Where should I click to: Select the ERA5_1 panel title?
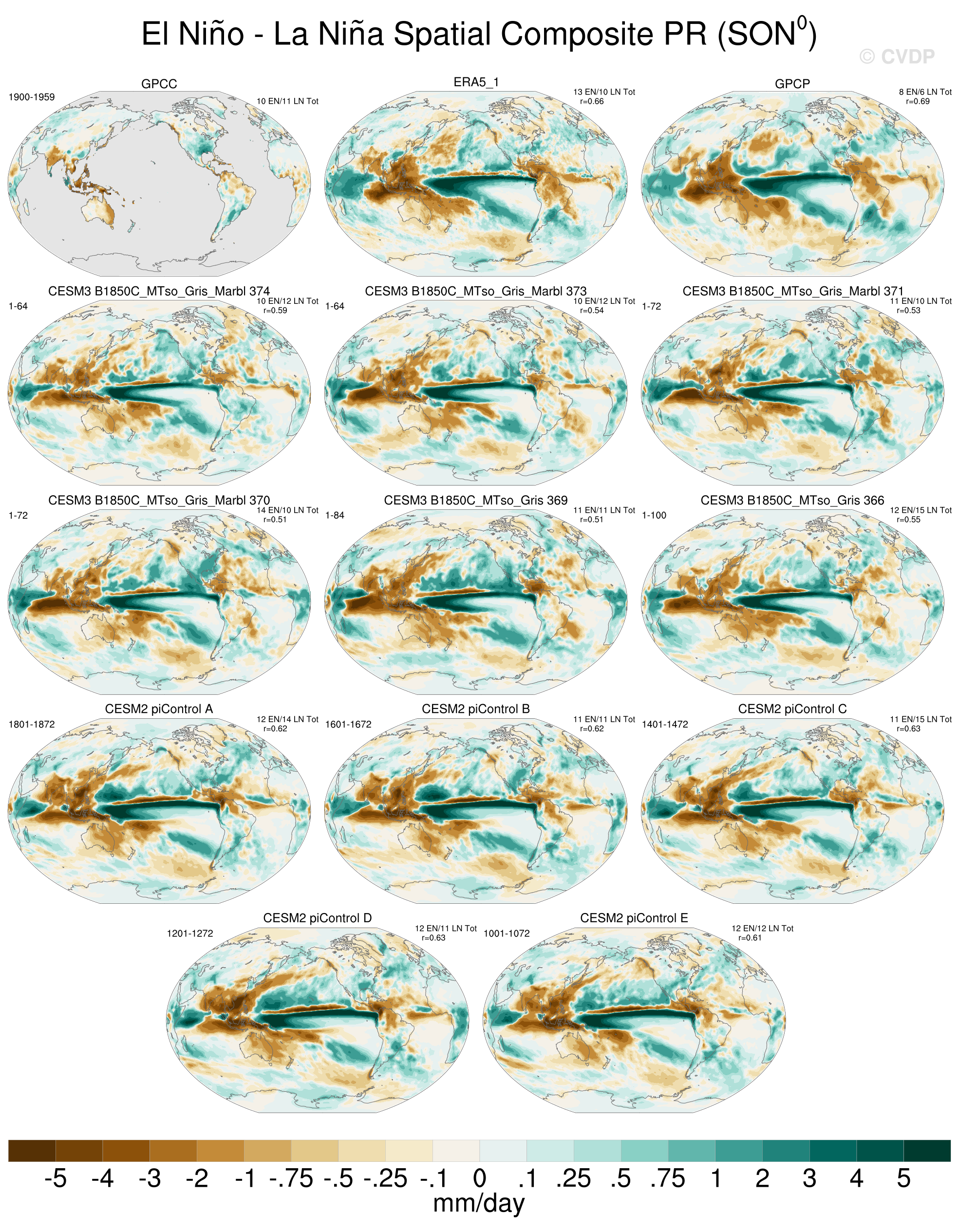(x=476, y=82)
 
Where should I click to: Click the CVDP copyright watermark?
(x=897, y=56)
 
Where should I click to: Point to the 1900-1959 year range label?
(x=32, y=97)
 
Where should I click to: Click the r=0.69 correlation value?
(x=918, y=102)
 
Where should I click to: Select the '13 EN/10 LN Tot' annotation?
(x=604, y=92)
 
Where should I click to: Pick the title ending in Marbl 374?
(x=159, y=292)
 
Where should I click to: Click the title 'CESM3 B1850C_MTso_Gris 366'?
(x=792, y=501)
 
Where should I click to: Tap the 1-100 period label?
(x=655, y=516)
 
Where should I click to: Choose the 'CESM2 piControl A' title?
(x=159, y=709)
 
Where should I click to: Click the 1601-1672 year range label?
(x=348, y=724)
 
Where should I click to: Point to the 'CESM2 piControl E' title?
(x=634, y=918)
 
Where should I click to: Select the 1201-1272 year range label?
(x=190, y=933)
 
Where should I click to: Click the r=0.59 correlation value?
(x=275, y=311)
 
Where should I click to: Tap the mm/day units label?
(x=479, y=1203)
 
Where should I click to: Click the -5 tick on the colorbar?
(x=56, y=1178)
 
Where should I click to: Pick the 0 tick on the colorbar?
(x=479, y=1178)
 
